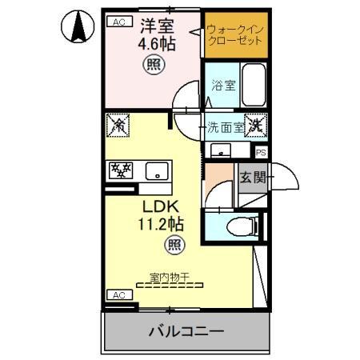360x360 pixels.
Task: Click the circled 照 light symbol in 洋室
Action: point(151,66)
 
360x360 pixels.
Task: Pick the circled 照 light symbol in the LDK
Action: point(173,245)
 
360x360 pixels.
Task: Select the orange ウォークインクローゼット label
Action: point(233,35)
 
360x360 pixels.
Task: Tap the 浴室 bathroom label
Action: point(223,85)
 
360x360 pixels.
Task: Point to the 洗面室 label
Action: point(225,126)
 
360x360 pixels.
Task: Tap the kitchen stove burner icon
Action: point(120,170)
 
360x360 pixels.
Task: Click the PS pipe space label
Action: point(261,151)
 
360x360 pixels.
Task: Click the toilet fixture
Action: point(242,225)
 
